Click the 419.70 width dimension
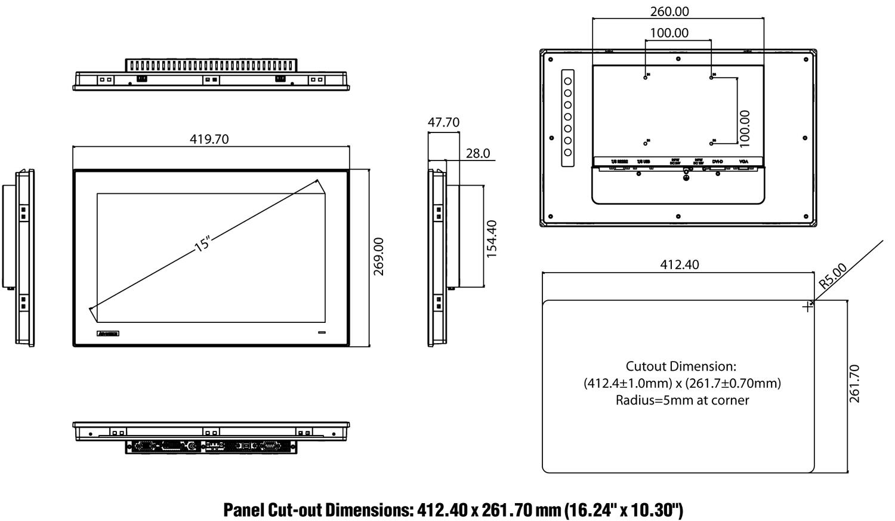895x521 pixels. pos(209,139)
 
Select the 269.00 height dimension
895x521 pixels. pos(379,257)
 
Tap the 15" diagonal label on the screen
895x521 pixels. pos(203,244)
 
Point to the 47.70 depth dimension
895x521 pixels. pos(443,122)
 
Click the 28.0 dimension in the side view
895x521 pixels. pos(477,153)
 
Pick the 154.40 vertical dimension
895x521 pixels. pos(492,239)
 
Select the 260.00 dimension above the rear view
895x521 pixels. pos(669,11)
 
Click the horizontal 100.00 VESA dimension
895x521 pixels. pos(669,33)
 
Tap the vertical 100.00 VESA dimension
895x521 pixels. pos(745,128)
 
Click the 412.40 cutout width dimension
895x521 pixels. pos(680,264)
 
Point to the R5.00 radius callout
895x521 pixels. pos(832,276)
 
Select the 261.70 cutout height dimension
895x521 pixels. pos(854,384)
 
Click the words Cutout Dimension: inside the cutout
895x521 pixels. pos(681,366)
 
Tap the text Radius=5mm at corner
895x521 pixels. pos(682,400)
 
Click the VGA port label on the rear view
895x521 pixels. pos(743,162)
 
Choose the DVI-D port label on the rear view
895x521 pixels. pos(717,162)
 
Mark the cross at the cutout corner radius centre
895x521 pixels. pos(807,307)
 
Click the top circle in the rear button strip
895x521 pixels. pos(568,81)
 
